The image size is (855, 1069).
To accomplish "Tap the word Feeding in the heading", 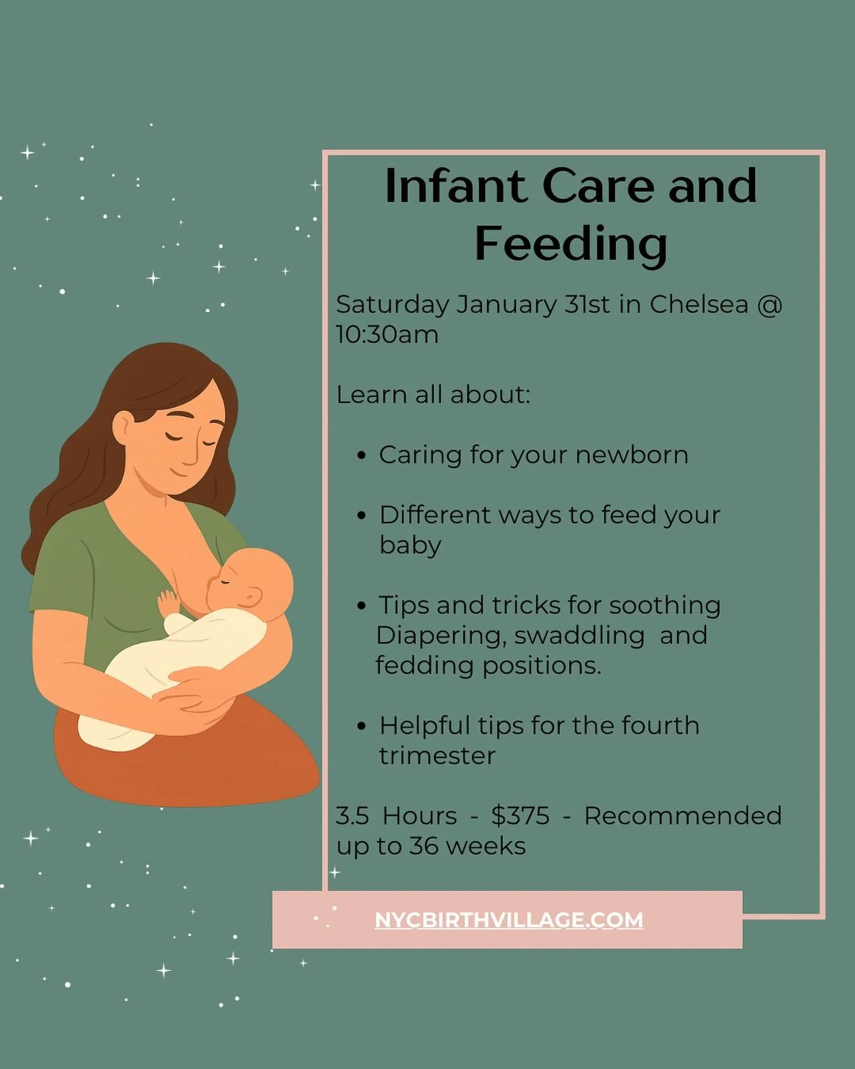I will [x=571, y=244].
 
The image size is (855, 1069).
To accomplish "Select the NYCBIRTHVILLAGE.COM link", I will [x=509, y=920].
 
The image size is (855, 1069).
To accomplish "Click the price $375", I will [x=520, y=816].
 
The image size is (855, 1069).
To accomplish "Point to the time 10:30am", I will [x=387, y=334].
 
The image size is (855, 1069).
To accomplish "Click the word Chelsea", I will [x=699, y=305].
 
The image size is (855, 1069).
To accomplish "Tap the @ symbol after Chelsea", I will [x=770, y=305].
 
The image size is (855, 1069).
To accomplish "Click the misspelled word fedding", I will [x=424, y=666].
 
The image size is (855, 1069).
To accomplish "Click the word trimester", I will [x=437, y=756].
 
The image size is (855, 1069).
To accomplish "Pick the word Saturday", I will [x=393, y=305].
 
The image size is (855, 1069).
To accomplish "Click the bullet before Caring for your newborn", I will [x=362, y=455].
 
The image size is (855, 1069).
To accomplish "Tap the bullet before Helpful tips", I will [x=362, y=726].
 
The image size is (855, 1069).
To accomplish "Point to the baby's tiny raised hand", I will [x=168, y=601].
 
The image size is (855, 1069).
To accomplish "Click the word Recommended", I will [x=683, y=816].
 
